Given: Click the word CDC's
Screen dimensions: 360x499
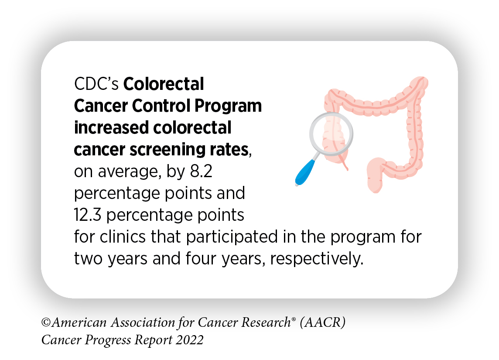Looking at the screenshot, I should point(96,84).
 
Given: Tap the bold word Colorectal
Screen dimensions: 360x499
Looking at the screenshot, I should point(164,84).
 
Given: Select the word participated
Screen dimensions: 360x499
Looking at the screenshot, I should point(220,237).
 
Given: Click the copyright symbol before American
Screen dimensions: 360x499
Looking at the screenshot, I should point(45,323).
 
